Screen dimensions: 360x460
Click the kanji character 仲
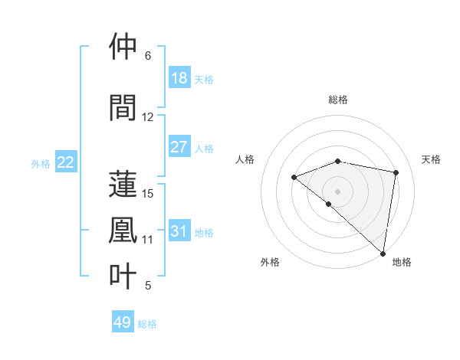(124, 47)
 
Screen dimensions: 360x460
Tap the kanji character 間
(124, 107)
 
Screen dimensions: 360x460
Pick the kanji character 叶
(124, 276)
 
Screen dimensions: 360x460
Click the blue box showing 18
(179, 78)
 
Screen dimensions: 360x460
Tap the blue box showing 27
(179, 147)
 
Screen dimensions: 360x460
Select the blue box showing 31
(179, 231)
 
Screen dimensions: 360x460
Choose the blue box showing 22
(66, 162)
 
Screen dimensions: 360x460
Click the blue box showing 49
(123, 322)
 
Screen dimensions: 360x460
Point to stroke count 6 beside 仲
(147, 56)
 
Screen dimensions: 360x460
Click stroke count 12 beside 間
(148, 117)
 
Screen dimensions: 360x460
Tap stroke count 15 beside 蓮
(148, 193)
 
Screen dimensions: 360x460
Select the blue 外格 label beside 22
(41, 163)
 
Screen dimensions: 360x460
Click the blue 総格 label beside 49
(147, 324)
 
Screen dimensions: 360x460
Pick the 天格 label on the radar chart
(431, 159)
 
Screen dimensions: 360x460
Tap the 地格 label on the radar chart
(402, 262)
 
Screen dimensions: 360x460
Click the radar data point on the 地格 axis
(383, 253)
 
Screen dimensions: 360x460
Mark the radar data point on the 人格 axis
(294, 177)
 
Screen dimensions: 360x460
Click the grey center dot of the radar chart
(337, 191)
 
